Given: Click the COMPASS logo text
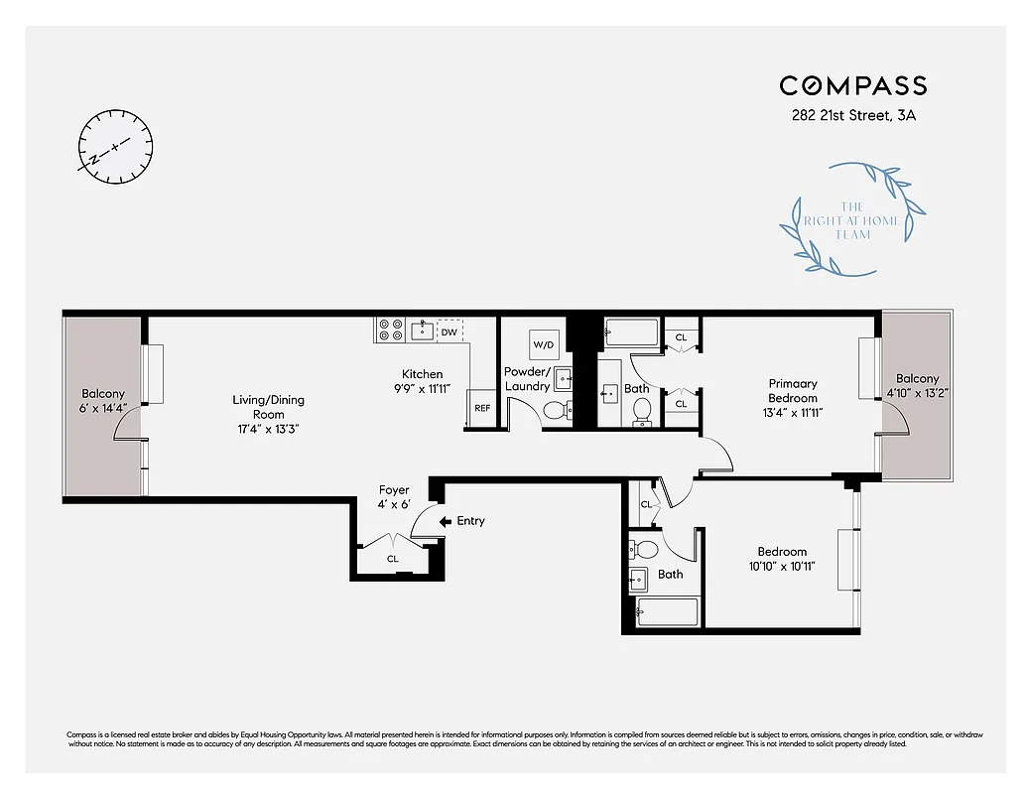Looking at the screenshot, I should click(x=852, y=85).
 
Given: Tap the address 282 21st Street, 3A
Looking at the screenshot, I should click(x=852, y=116).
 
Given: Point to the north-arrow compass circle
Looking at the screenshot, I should click(x=116, y=146).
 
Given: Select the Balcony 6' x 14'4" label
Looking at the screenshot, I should click(x=103, y=400).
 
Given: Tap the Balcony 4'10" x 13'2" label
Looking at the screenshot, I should click(x=917, y=385).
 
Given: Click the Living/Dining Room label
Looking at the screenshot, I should click(x=269, y=414).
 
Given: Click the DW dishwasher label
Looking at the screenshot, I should click(x=449, y=331).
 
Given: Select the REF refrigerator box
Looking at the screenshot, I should click(x=482, y=408).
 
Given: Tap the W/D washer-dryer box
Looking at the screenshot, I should click(x=544, y=344).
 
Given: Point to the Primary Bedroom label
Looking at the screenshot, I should click(x=792, y=397).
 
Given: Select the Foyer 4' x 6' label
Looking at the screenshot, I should click(x=394, y=497).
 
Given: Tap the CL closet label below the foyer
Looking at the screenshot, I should click(x=393, y=559).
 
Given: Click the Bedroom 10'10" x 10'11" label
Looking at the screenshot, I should click(x=782, y=559).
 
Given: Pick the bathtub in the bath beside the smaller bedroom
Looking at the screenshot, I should click(x=666, y=612).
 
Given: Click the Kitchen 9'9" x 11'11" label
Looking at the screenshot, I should click(x=423, y=381).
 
